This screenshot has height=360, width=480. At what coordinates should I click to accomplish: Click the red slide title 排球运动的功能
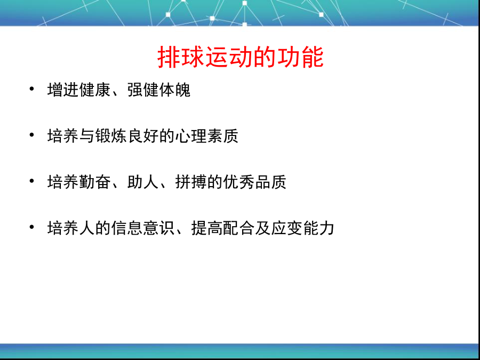241,57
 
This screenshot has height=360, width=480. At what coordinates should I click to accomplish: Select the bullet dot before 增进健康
31,89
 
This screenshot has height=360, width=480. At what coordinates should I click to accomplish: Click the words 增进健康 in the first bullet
79,90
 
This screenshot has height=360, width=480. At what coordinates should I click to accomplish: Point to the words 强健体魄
159,90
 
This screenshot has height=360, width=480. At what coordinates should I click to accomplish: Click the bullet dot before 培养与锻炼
31,135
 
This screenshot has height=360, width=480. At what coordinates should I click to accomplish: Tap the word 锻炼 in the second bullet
111,136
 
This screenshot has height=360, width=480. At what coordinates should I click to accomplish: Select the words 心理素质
206,136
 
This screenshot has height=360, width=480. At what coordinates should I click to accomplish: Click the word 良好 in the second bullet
143,136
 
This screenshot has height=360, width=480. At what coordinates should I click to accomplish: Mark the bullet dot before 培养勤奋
31,181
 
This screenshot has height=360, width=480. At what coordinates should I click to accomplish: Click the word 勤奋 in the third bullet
95,182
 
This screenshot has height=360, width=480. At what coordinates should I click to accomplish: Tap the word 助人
143,182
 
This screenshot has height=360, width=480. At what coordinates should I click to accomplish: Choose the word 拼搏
191,182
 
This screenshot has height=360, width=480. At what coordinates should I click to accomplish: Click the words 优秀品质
255,182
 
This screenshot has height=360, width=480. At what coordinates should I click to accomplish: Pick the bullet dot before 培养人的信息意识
31,227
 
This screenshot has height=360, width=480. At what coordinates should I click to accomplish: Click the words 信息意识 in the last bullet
143,228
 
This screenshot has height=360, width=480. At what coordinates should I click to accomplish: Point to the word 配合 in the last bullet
238,228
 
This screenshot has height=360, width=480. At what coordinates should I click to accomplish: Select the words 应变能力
302,228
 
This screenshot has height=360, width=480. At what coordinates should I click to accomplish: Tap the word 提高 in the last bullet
207,228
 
